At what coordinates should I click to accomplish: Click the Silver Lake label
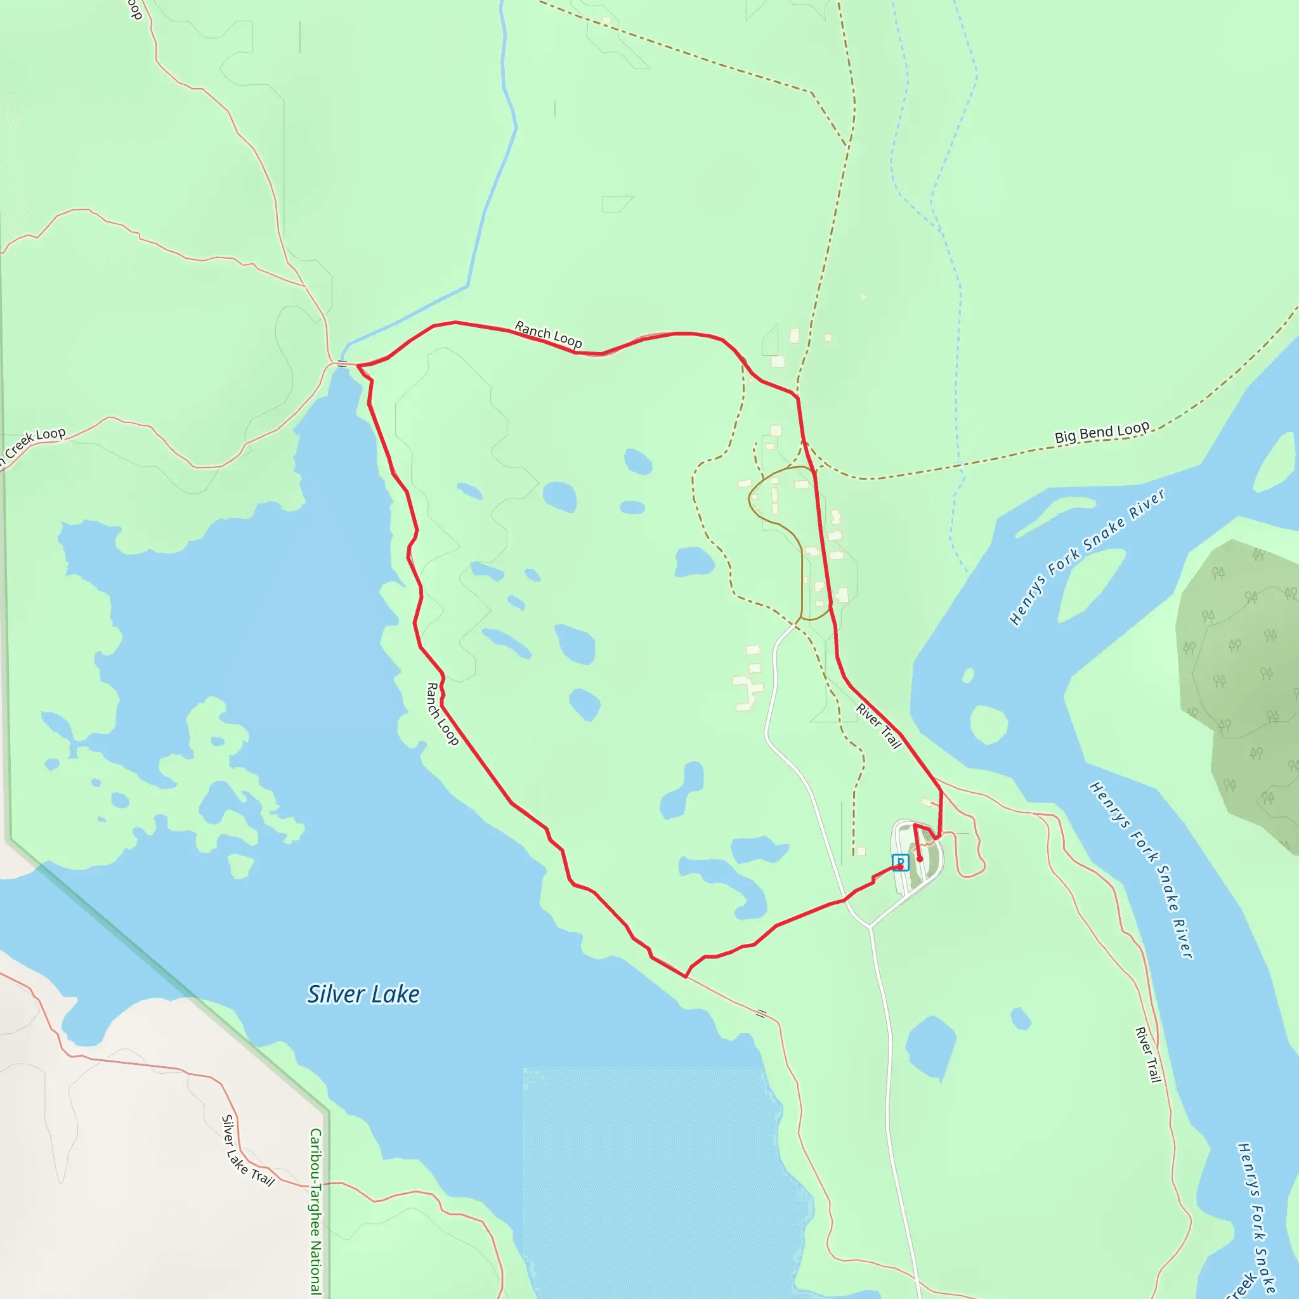coord(363,995)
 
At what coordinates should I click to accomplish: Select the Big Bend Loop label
coord(1102,433)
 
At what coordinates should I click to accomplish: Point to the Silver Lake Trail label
coord(247,1151)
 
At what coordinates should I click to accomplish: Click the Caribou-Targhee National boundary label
coord(315,1210)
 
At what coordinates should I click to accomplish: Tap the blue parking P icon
coord(900,861)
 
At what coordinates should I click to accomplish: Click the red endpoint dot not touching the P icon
coord(920,859)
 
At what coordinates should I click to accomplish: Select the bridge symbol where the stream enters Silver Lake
coord(343,363)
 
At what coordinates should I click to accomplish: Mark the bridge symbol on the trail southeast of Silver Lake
coord(761,1013)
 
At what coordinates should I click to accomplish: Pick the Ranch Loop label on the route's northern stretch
coord(548,334)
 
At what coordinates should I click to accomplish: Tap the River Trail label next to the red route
coord(878,726)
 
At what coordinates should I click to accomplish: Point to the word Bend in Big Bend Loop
coord(1096,433)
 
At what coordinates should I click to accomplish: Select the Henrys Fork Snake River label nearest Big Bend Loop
coord(1087,557)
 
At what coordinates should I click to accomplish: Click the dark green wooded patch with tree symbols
coord(1237,672)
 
